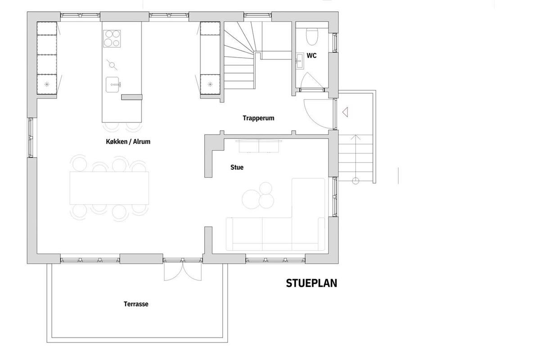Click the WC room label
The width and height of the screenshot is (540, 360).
pos(311,56)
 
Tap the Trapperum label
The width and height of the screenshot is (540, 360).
pos(258,118)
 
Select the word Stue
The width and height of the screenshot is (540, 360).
pos(237,167)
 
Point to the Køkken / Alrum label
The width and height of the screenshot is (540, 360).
pos(128,142)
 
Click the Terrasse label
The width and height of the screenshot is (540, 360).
pos(136,304)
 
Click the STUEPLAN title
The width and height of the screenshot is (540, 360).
pos(311,283)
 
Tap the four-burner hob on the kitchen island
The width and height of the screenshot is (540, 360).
pos(112,39)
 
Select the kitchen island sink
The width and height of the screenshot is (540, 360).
pos(112,85)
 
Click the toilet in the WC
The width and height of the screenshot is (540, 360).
pos(312,36)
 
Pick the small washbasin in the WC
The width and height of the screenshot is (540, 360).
pos(300,61)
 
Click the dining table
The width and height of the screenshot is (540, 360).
pos(109,188)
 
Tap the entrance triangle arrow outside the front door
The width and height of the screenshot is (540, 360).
pos(345,112)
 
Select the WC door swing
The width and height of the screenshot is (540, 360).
pos(311,81)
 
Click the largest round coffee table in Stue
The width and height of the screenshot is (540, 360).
pos(251,199)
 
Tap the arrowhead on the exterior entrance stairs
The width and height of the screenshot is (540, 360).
pos(355,137)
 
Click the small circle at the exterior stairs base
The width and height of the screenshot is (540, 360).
pos(355,180)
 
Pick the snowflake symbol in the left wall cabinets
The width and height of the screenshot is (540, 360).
pos(47,84)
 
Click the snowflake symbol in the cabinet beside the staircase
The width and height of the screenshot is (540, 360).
pos(210,84)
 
